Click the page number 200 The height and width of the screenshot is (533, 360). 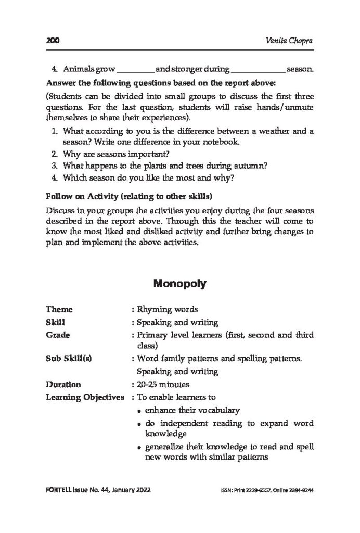pyautogui.click(x=53, y=41)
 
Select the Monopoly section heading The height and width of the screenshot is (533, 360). pyautogui.click(x=180, y=284)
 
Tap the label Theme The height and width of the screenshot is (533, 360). pyautogui.click(x=59, y=310)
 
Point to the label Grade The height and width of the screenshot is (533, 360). pyautogui.click(x=58, y=335)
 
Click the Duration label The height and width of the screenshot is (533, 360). pyautogui.click(x=63, y=385)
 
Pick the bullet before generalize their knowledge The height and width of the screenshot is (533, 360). pyautogui.click(x=141, y=448)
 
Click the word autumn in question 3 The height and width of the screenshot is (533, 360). pyautogui.click(x=250, y=166)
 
